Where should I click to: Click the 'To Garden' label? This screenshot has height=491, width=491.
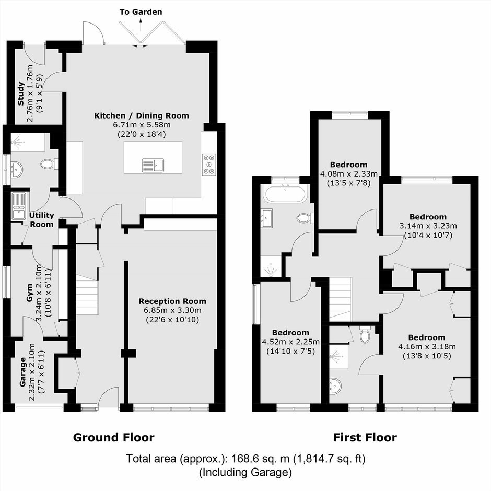(141, 12)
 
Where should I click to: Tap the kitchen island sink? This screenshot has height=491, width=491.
(153, 166)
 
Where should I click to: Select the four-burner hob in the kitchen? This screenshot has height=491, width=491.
(209, 165)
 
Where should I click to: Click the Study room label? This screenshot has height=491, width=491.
(21, 93)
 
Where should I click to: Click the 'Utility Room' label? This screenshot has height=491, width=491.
(42, 220)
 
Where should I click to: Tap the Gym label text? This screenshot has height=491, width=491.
(29, 293)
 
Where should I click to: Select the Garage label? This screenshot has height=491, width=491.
(22, 372)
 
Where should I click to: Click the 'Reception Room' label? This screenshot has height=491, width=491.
(172, 301)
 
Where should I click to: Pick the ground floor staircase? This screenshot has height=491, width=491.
(87, 298)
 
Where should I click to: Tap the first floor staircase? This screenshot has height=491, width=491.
(341, 299)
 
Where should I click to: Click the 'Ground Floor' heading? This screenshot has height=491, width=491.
(114, 437)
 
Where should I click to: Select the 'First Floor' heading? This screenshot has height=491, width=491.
(365, 437)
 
